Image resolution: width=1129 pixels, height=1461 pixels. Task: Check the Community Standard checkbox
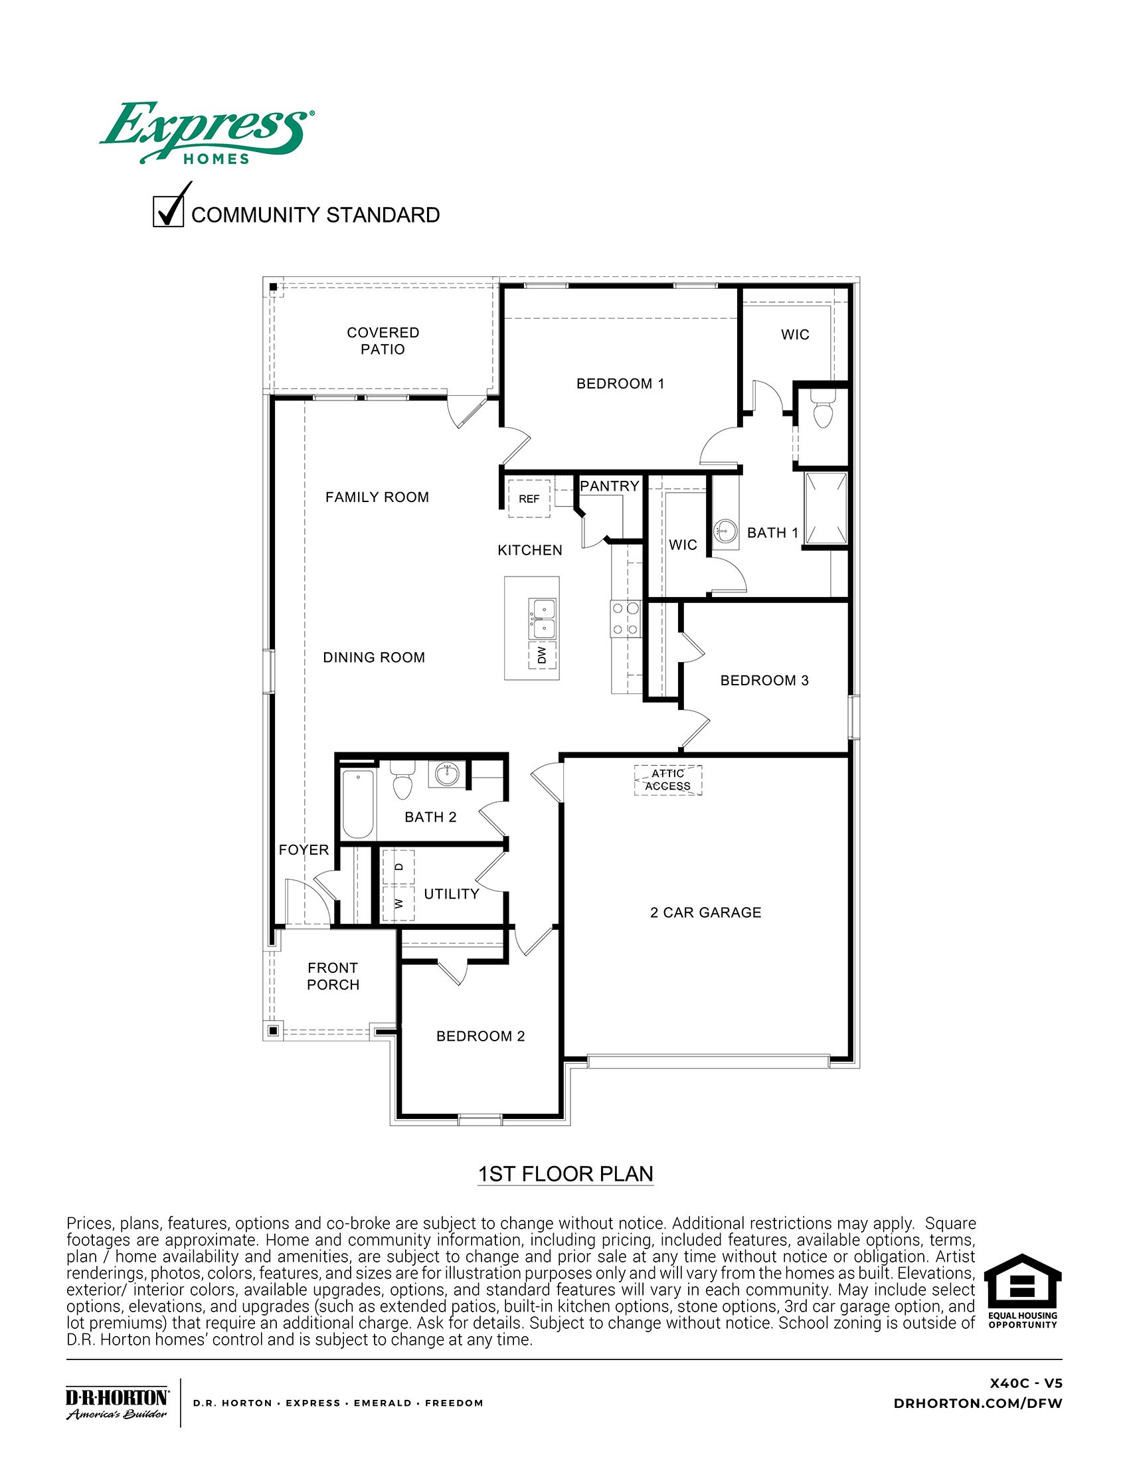pos(169,211)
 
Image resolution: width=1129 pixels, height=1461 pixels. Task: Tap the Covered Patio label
pos(383,341)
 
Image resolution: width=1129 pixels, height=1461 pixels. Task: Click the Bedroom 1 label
pos(620,383)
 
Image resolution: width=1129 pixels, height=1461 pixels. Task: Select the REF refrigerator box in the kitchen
pos(529,498)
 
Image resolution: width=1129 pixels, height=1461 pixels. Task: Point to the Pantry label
pos(608,486)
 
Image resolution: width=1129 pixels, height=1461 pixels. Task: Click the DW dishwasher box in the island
pos(542,654)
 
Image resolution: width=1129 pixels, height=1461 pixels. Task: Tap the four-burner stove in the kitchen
pos(625,619)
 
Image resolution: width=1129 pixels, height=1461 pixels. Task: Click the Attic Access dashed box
pos(667,780)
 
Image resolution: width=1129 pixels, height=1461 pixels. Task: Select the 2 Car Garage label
pos(705,912)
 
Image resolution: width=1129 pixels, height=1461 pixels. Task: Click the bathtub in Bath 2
pos(358,804)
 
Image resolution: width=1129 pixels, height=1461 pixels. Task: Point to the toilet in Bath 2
pos(402,782)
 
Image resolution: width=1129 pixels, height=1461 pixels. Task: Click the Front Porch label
pos(333,976)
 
